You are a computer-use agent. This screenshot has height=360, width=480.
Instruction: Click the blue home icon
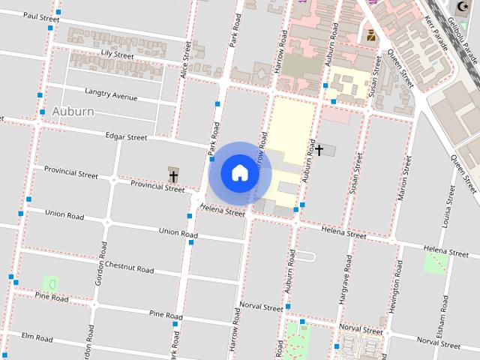(x=239, y=172)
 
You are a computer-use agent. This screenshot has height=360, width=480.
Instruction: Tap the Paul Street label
(x=41, y=16)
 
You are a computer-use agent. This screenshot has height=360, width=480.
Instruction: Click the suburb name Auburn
(x=73, y=112)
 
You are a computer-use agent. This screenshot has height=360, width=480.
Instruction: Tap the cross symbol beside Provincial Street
(x=173, y=177)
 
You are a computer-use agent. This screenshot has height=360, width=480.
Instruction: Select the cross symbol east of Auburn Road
(x=319, y=151)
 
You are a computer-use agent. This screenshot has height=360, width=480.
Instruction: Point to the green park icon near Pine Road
(x=51, y=283)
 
